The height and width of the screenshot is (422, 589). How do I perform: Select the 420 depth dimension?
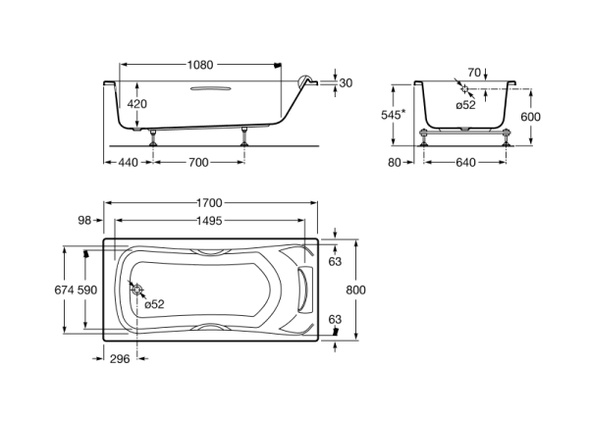tap(137, 104)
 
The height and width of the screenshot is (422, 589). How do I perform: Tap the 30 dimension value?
tap(345, 83)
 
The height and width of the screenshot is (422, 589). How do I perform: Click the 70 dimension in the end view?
tap(474, 72)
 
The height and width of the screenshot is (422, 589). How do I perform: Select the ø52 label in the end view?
tap(466, 105)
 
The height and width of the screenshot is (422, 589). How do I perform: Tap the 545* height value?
tap(393, 114)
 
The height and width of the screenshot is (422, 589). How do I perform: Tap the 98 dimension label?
tap(85, 221)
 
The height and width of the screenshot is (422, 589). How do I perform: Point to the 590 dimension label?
tap(88, 290)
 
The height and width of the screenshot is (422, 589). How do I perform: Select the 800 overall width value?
tap(355, 290)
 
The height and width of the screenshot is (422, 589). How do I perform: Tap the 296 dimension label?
tap(119, 360)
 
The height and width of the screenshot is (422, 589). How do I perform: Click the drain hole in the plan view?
tap(134, 290)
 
